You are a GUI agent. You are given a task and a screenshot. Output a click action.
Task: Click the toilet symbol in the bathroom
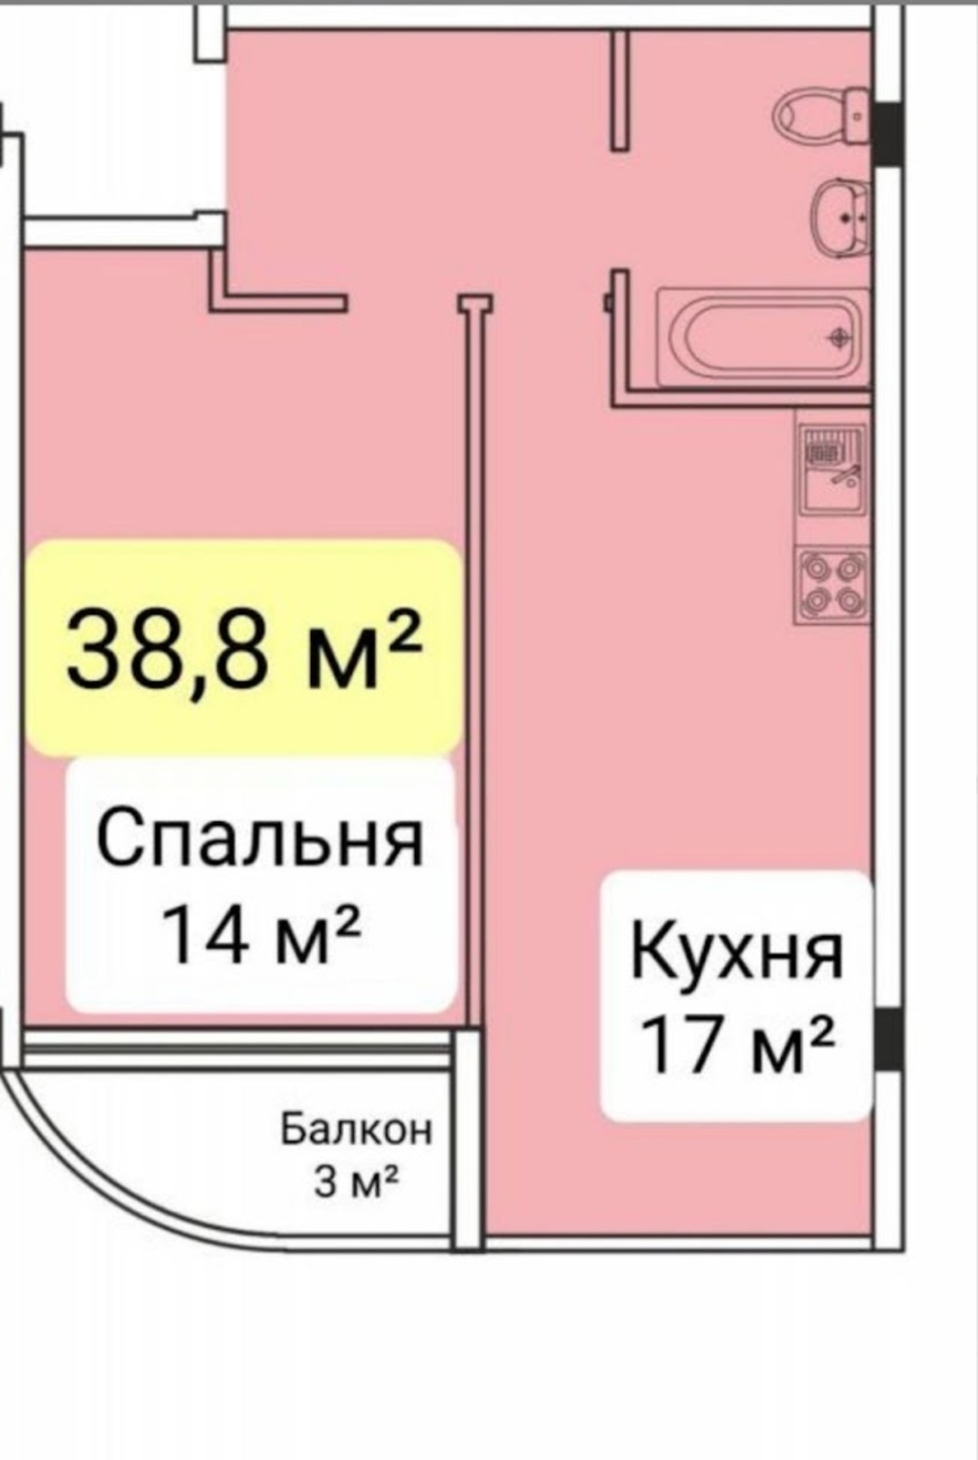(x=822, y=118)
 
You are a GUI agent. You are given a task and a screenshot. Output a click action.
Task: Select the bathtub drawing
(x=763, y=337)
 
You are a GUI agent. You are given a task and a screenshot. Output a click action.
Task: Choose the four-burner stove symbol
(x=832, y=585)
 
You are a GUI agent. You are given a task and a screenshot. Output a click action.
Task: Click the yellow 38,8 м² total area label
(x=245, y=647)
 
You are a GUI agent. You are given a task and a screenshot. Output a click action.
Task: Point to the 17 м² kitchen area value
(x=737, y=1048)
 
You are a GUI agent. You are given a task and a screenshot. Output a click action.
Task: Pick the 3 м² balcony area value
(x=356, y=1181)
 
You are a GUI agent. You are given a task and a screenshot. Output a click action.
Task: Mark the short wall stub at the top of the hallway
(x=619, y=91)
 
